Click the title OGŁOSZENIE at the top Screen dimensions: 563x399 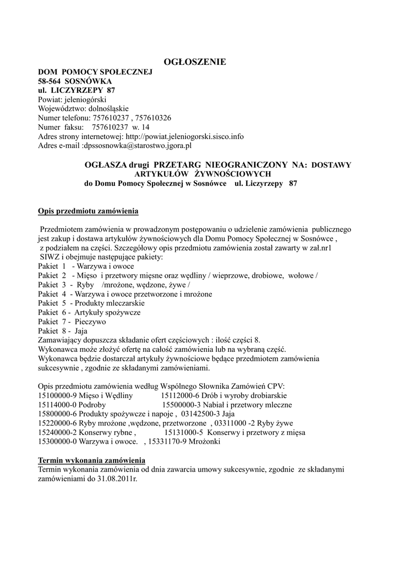[x=196, y=62]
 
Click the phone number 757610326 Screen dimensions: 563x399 [x=153, y=118]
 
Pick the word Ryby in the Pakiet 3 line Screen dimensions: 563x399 [x=86, y=285]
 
